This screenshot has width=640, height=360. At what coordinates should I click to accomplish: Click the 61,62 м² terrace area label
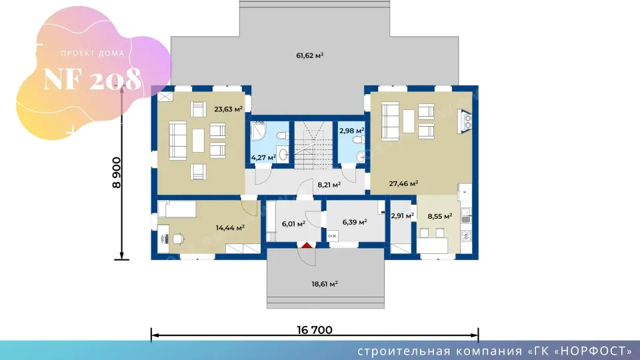(310, 55)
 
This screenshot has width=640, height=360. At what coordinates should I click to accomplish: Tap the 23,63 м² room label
(228, 109)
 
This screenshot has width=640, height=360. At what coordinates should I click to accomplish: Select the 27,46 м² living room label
(403, 184)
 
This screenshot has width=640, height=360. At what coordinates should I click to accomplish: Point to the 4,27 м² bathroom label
(263, 157)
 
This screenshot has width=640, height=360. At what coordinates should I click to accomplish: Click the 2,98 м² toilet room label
(351, 131)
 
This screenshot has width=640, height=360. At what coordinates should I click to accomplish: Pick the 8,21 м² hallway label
(329, 185)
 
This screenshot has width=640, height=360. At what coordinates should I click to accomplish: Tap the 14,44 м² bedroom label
(230, 228)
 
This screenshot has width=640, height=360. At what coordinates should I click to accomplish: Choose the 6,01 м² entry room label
(293, 224)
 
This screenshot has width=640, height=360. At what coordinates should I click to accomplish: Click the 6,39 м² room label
(354, 222)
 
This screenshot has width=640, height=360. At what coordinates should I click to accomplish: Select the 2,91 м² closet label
(403, 215)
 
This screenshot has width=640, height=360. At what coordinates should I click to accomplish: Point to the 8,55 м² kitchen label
(439, 216)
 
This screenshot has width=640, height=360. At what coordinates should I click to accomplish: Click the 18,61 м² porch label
(325, 284)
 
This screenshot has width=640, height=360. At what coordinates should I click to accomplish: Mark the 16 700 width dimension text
(314, 330)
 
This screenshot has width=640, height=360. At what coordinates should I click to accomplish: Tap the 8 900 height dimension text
(117, 172)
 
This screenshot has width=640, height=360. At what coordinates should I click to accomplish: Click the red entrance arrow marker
(307, 245)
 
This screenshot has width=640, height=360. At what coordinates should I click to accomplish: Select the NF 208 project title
(92, 79)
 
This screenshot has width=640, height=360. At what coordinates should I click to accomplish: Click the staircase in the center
(313, 145)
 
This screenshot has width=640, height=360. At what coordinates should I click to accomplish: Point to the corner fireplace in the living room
(465, 121)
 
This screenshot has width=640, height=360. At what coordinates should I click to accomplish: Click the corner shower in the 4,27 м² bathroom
(258, 130)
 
